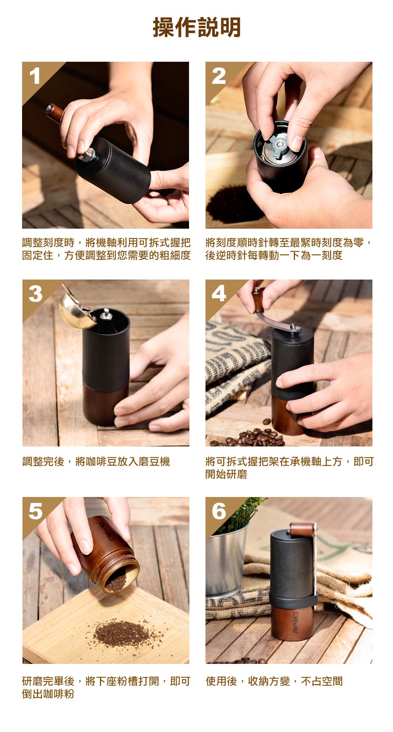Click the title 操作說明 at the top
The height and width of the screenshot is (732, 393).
point(196,27)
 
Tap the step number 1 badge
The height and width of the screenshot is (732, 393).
point(35,76)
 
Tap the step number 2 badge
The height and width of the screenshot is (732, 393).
point(219,76)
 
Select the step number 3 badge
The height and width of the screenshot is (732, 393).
point(35,294)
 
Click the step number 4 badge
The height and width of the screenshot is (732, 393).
point(219,294)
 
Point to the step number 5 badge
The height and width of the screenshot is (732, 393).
point(35,511)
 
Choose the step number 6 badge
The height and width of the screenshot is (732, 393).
point(219,511)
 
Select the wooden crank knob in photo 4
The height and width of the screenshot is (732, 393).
point(258,299)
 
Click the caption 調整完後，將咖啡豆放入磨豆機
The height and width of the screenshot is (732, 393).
point(96,462)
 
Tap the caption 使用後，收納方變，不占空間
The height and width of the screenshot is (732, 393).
point(274,681)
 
